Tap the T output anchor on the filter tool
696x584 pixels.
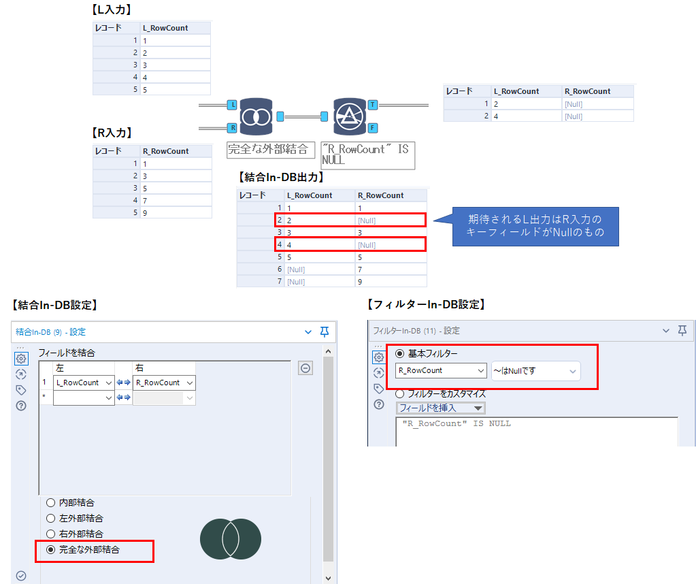coord(373,105)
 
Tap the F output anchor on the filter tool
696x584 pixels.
coord(373,127)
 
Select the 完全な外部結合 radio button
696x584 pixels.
coord(50,549)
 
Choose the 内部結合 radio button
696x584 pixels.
coord(50,502)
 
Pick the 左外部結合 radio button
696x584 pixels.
coord(50,518)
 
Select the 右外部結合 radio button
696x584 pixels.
coord(50,534)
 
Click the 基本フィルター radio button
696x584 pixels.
coord(400,353)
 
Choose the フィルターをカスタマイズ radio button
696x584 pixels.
coord(400,393)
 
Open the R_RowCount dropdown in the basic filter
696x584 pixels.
coord(441,371)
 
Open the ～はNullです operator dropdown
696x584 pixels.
coord(535,371)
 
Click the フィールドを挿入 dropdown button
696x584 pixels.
coord(441,408)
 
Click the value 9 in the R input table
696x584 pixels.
coord(145,212)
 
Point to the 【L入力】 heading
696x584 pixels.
coord(111,10)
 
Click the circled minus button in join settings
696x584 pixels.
coord(305,368)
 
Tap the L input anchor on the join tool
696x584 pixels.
coord(233,105)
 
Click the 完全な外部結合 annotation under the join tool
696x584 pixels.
coord(271,150)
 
